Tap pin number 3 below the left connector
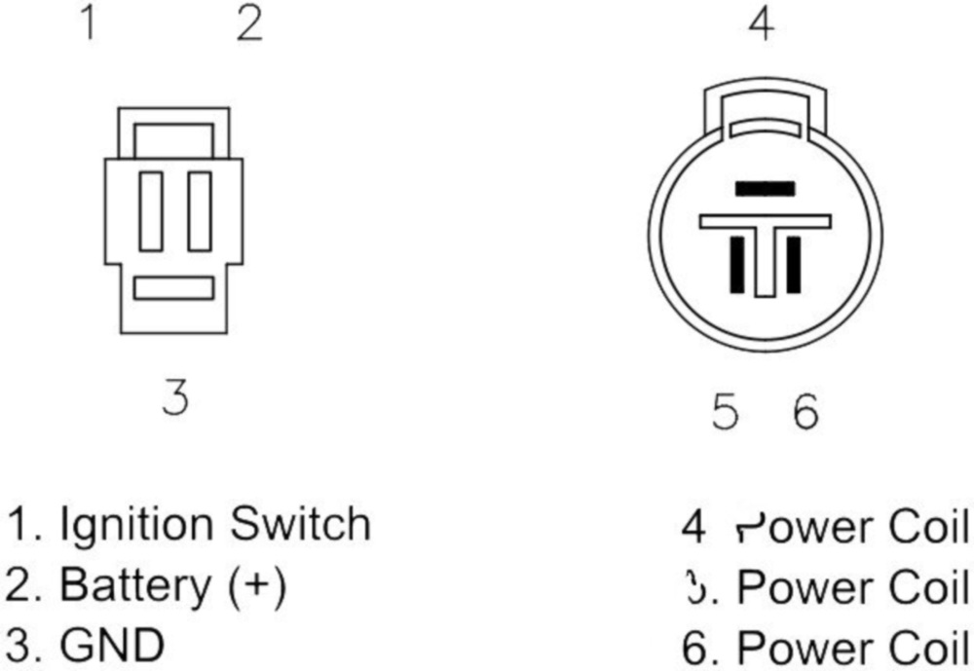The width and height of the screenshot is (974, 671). [174, 397]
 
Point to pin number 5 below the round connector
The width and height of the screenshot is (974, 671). [726, 413]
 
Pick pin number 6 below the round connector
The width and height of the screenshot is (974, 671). [805, 413]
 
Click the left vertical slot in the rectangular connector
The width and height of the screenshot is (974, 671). [151, 211]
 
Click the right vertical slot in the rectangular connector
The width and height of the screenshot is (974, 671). [200, 211]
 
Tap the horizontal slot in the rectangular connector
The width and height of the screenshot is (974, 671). [173, 288]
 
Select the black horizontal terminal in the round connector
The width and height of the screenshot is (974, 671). [765, 188]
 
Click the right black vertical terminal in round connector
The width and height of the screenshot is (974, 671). [793, 263]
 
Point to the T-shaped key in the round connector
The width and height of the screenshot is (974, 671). [766, 243]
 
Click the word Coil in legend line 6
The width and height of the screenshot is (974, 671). [929, 648]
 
